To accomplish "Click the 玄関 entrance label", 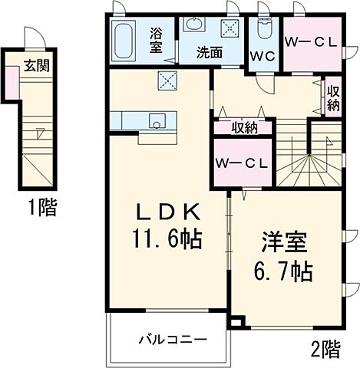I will pyautogui.click(x=37, y=66).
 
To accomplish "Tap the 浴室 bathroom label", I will pyautogui.click(x=156, y=39).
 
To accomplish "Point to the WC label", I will pyautogui.click(x=263, y=55).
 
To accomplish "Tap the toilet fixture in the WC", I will pyautogui.click(x=265, y=29).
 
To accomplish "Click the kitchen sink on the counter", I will pyautogui.click(x=156, y=121).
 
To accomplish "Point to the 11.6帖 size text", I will pyautogui.click(x=167, y=239).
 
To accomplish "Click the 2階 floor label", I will pyautogui.click(x=325, y=350).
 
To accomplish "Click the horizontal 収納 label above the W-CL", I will pyautogui.click(x=245, y=128).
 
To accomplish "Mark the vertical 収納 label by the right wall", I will pyautogui.click(x=332, y=97).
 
